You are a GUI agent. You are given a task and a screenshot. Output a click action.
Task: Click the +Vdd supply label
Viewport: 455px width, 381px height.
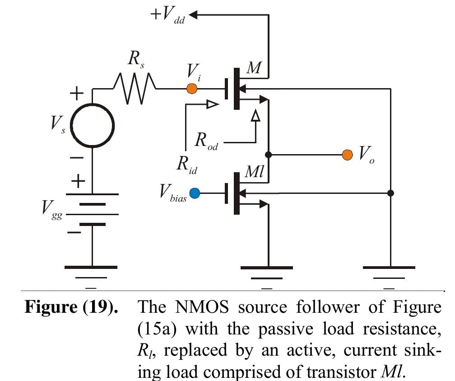(168, 16)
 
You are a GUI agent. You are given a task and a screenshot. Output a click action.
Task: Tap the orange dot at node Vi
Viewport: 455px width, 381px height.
(192, 89)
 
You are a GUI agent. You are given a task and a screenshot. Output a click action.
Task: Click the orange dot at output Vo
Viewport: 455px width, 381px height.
(347, 155)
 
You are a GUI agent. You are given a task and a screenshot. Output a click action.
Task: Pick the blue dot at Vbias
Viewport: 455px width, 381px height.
(195, 193)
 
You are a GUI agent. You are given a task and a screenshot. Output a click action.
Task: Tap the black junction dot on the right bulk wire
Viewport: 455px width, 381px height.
(391, 193)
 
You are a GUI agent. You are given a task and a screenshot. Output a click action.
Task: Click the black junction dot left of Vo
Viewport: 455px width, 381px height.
(269, 155)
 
